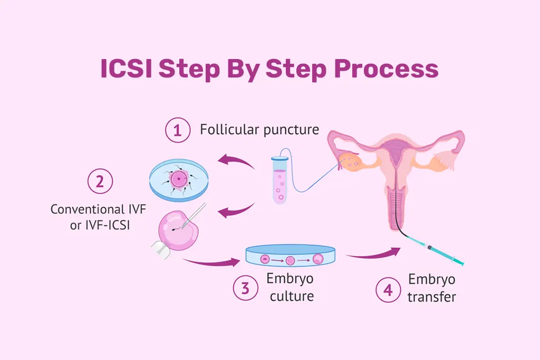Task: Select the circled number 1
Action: pos(177,130)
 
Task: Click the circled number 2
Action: pos(100,181)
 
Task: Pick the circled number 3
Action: pos(245,288)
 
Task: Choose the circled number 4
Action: pos(388,290)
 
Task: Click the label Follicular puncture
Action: pos(259,130)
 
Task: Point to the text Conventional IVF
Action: pos(98,209)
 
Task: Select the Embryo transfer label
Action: pos(432,288)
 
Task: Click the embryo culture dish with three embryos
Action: pos(292,258)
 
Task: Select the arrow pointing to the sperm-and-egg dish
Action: pos(236,160)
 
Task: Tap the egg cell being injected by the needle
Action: pos(178,230)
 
